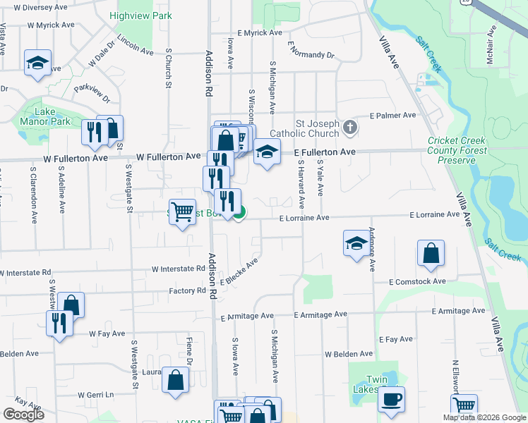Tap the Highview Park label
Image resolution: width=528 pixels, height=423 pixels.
tap(141, 16)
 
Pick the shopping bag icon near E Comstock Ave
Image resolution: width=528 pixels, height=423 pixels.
tap(431, 254)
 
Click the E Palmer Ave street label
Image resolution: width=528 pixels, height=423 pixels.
tap(393, 115)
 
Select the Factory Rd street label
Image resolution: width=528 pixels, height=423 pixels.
tap(187, 290)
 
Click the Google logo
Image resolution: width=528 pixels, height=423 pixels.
tap(24, 415)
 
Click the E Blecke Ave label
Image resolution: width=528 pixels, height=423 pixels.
tap(239, 271)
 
